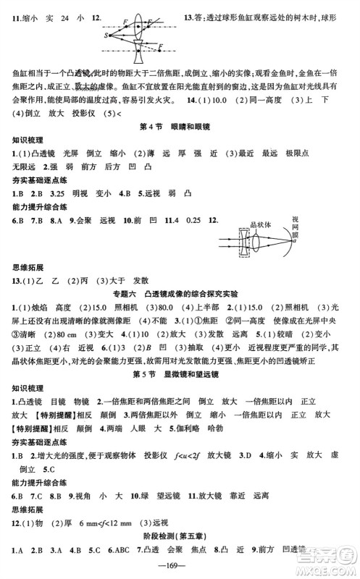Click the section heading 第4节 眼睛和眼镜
pyautogui.click(x=180, y=127)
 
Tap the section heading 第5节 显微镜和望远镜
pyautogui.click(x=180, y=373)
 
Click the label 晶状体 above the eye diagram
pyautogui.click(x=259, y=224)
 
